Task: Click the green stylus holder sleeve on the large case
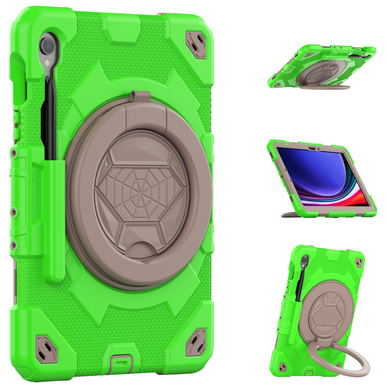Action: point(54,220)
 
